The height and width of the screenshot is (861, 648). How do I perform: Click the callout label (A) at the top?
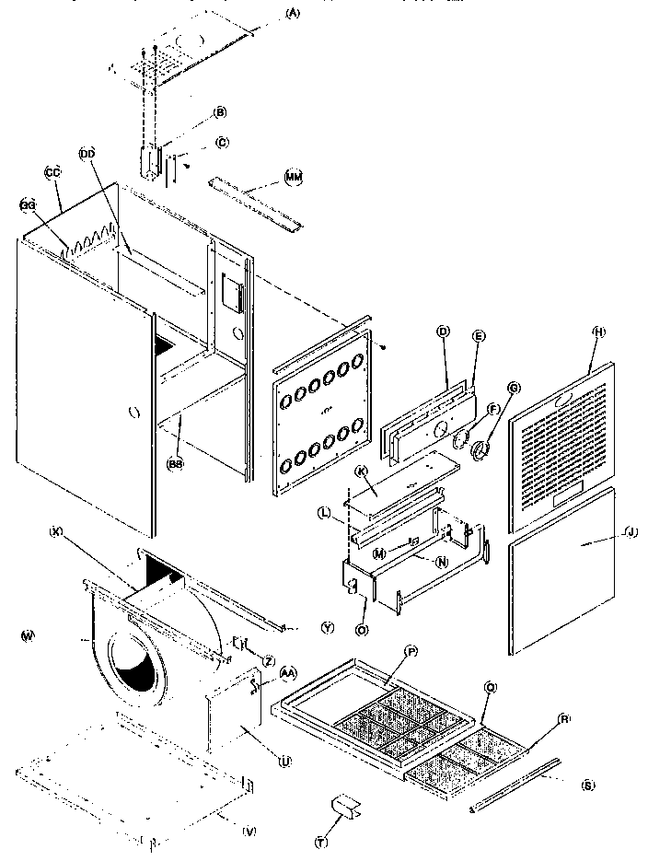click(x=268, y=13)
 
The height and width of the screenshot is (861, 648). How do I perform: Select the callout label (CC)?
click(x=52, y=172)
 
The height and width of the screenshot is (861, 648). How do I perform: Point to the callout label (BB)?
click(x=174, y=465)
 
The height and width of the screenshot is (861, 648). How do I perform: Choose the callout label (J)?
click(x=630, y=532)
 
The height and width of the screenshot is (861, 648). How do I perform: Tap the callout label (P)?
click(x=411, y=651)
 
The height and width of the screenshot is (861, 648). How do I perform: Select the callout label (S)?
click(x=586, y=785)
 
